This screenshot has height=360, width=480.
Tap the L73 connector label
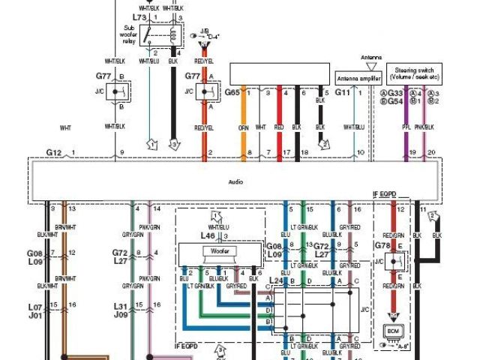coord(139,16)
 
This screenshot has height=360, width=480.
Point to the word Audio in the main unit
coord(237,181)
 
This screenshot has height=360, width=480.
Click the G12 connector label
coord(53,153)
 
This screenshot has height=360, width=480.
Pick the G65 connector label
coord(232,92)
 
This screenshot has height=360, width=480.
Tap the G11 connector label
coord(342,92)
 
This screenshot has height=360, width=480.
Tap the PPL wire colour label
coord(408,127)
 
